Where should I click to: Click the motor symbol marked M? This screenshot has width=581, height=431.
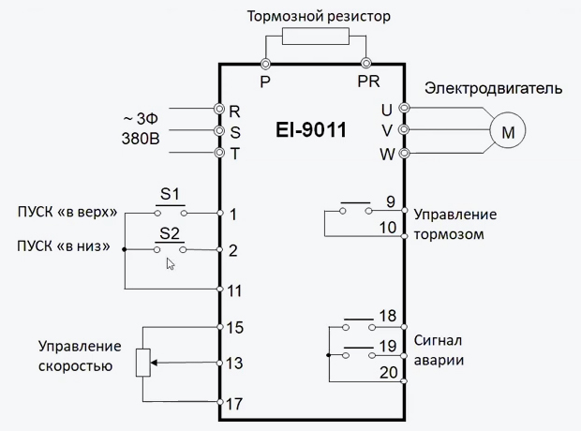(509, 132)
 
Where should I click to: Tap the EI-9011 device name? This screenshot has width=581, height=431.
(311, 130)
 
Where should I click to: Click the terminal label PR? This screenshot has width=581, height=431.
(368, 81)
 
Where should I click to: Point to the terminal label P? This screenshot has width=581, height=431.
(265, 81)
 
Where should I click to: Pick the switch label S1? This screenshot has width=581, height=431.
(170, 195)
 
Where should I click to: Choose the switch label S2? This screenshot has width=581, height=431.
(170, 232)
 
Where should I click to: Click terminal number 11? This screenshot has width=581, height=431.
(236, 290)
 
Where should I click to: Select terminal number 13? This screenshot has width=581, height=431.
(235, 363)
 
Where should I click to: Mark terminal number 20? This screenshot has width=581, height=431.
(388, 372)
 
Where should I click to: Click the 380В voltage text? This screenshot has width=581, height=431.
(140, 138)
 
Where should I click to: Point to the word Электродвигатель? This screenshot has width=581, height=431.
(493, 90)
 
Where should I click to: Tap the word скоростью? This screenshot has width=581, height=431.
(77, 366)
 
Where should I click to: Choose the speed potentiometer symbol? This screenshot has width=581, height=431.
(143, 363)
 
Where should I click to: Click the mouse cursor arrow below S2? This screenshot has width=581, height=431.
(171, 264)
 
